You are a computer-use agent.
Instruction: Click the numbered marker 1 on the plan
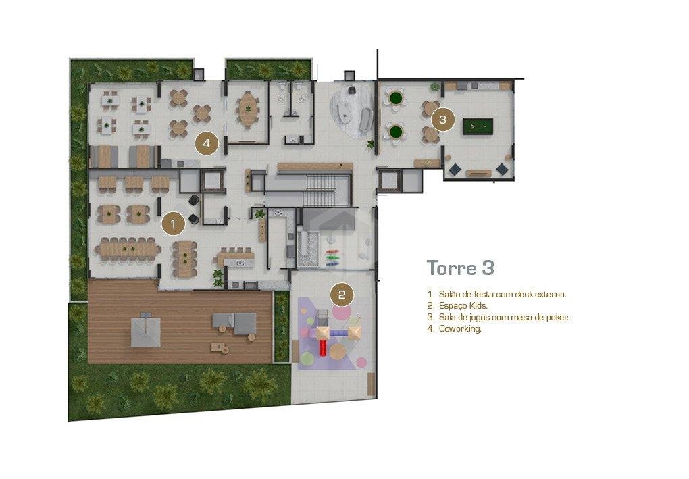click(173, 224)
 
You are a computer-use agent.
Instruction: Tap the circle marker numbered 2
click(342, 295)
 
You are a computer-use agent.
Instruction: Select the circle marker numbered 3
click(442, 119)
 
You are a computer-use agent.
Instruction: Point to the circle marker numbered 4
click(207, 143)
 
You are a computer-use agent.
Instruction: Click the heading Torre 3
click(461, 268)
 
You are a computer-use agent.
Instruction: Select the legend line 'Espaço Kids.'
click(457, 305)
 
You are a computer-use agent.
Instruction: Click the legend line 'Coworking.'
click(455, 328)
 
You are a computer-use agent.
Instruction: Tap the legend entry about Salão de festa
click(496, 294)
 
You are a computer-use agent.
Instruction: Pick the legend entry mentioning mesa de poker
click(498, 317)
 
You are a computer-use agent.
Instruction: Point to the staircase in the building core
click(322, 190)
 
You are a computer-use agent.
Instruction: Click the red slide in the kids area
click(323, 347)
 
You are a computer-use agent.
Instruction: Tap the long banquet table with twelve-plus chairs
click(128, 249)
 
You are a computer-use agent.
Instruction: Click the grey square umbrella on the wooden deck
click(145, 330)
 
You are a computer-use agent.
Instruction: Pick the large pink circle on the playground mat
click(341, 312)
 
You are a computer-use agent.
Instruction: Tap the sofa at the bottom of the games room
click(478, 173)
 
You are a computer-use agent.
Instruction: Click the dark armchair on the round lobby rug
click(352, 90)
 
